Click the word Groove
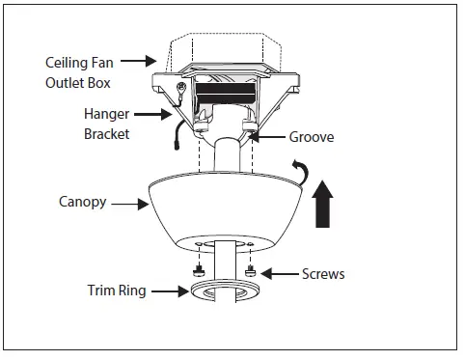click(311, 137)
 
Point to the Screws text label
click(322, 274)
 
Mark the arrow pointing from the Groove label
click(266, 137)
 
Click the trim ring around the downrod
click(225, 295)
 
